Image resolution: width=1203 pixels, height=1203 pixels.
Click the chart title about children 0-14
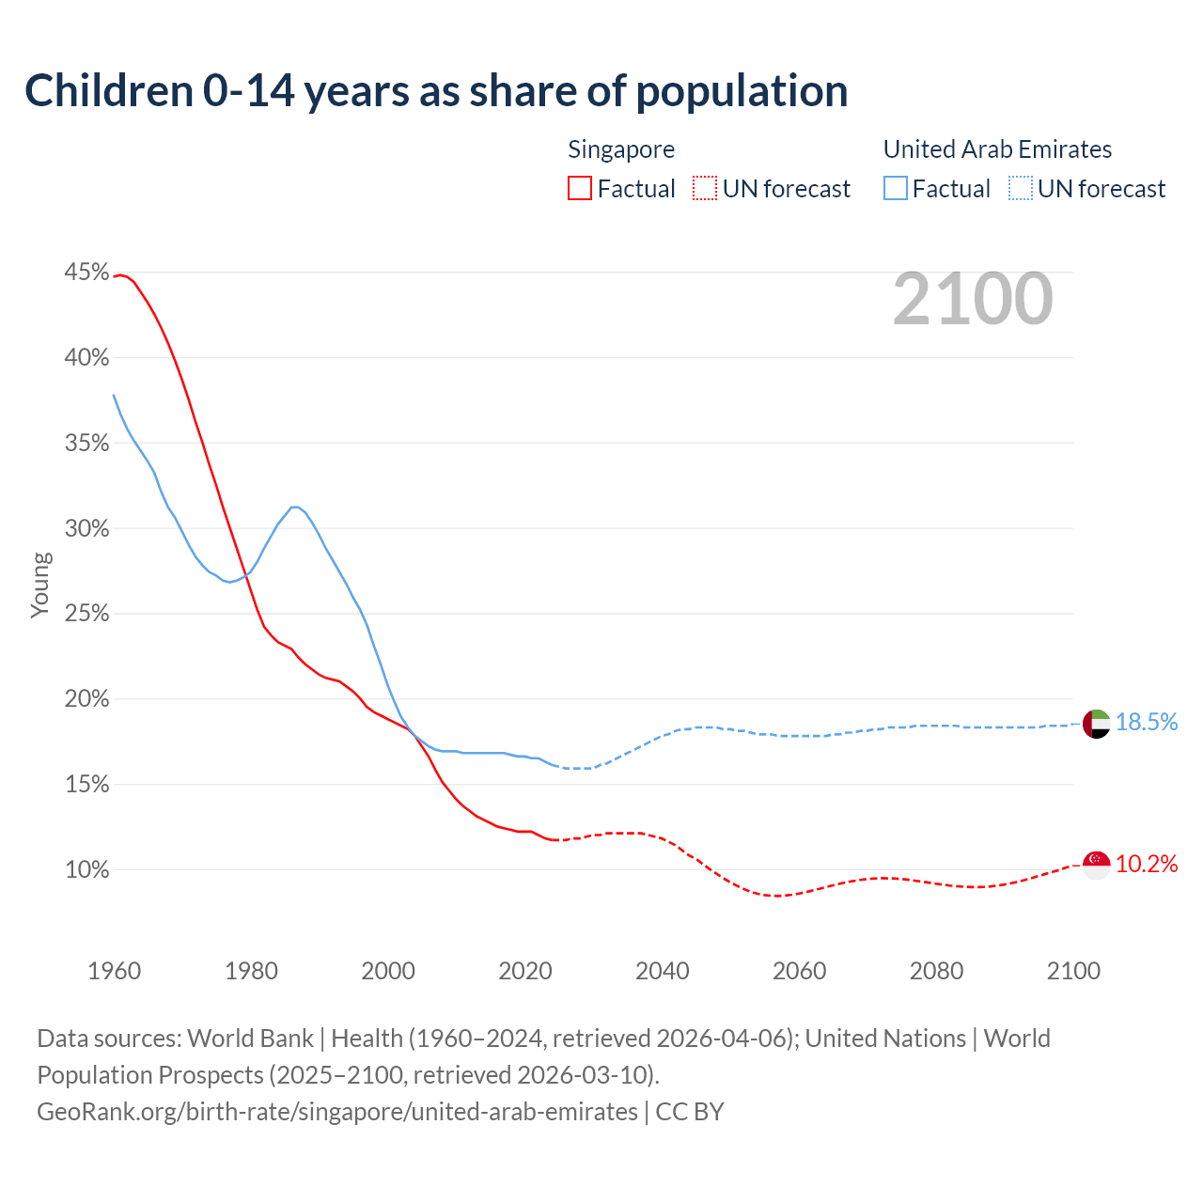point(436,91)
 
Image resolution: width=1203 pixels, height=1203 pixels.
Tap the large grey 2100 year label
point(973,299)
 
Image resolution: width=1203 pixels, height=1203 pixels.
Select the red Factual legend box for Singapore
point(580,189)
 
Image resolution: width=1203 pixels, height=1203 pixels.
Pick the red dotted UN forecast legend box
point(705,189)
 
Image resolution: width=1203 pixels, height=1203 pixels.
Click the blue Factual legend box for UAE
point(896,189)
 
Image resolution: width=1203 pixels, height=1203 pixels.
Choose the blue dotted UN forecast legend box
point(1021,189)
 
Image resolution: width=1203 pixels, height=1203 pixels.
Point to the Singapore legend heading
point(621,149)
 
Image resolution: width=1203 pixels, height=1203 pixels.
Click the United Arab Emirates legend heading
point(997,149)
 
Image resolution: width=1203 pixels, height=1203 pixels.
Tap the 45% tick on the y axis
point(87,273)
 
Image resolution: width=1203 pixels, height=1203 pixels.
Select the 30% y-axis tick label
point(87,528)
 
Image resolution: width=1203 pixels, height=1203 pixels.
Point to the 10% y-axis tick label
point(87,870)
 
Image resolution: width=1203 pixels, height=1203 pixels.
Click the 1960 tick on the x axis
point(115,971)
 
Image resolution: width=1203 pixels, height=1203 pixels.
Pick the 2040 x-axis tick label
point(663,971)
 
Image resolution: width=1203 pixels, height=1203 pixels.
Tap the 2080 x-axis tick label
point(936,971)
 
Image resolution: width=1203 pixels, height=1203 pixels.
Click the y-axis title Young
point(40,585)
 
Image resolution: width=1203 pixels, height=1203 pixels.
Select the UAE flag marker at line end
point(1097,724)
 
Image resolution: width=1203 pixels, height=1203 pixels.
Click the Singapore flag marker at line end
point(1097,865)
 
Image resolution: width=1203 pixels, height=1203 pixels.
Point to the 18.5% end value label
point(1147,722)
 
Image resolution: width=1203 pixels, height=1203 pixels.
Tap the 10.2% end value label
point(1147,865)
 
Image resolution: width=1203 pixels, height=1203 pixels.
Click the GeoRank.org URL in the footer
point(337,1112)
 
